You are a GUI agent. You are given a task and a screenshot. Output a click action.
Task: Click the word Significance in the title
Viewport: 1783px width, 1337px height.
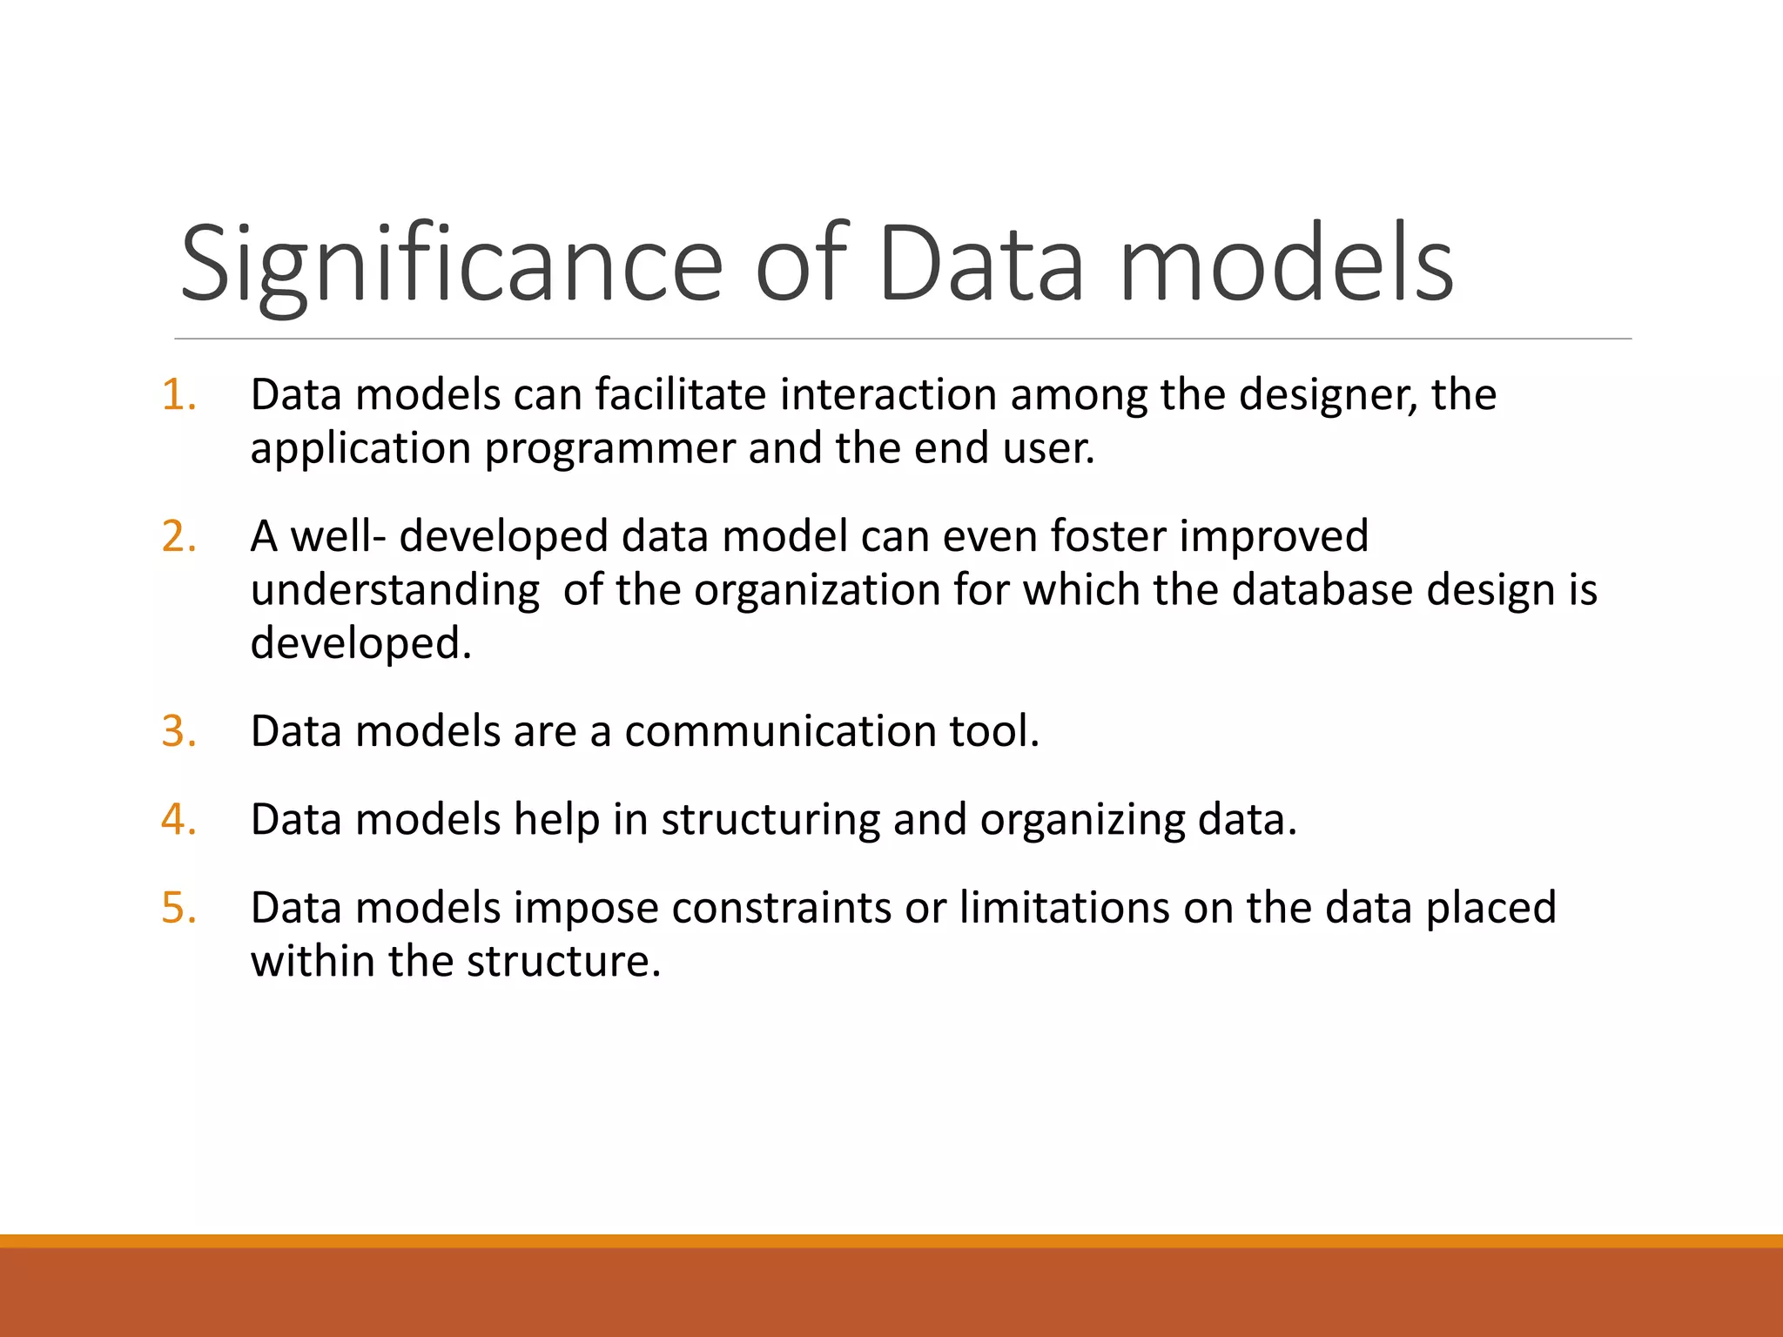451,264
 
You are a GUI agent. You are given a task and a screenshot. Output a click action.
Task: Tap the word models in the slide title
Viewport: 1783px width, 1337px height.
1286,264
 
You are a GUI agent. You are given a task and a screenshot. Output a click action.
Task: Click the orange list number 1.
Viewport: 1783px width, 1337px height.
178,395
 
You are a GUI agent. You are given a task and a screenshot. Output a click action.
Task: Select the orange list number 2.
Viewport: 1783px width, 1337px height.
178,536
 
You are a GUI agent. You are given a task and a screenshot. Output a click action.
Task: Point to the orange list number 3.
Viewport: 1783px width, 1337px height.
178,731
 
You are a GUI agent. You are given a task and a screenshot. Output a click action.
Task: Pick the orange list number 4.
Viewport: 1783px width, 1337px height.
178,820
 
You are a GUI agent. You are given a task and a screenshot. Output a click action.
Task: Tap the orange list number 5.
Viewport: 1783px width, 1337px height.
178,908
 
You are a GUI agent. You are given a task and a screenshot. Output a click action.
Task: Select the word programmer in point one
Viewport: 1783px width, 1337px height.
609,449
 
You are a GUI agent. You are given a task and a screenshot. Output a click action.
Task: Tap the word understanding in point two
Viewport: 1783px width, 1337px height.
394,591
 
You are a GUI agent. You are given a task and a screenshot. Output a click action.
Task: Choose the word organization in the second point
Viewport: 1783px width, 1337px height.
816,590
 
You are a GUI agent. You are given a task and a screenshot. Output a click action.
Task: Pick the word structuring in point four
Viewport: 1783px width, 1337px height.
770,821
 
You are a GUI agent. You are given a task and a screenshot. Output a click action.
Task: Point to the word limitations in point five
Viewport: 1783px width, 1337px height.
1064,908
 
